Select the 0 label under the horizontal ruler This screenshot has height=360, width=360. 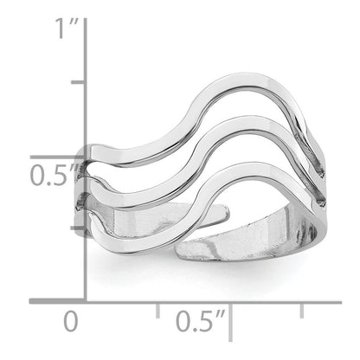(x=72, y=323)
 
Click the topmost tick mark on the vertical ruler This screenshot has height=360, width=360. (x=79, y=83)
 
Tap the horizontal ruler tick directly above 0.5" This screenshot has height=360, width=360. (x=229, y=308)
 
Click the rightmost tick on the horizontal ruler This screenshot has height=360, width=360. (x=301, y=308)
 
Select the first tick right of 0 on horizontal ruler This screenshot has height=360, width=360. (x=157, y=308)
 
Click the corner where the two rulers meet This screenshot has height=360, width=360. (x=85, y=300)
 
